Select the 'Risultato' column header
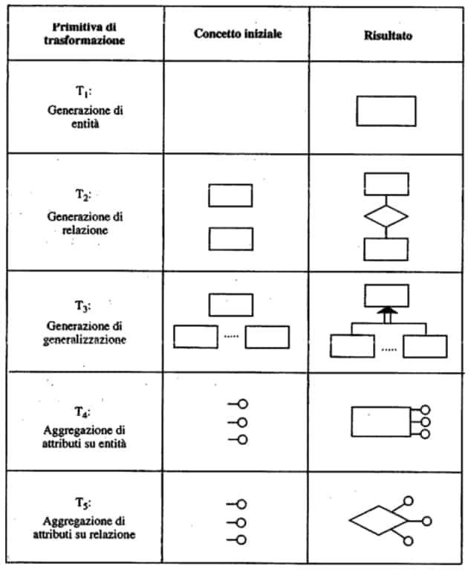[x=389, y=35]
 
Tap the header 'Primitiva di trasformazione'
[x=83, y=34]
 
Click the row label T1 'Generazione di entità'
[x=84, y=111]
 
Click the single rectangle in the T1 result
[x=386, y=111]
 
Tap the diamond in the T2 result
[x=386, y=216]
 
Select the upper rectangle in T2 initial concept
[x=230, y=195]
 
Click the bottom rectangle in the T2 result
[x=386, y=249]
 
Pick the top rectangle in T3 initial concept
[x=230, y=305]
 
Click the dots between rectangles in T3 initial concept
[x=231, y=336]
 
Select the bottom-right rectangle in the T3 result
[x=424, y=345]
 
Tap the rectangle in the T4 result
[x=380, y=422]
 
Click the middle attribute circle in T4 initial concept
[x=241, y=422]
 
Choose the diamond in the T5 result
[x=377, y=521]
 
